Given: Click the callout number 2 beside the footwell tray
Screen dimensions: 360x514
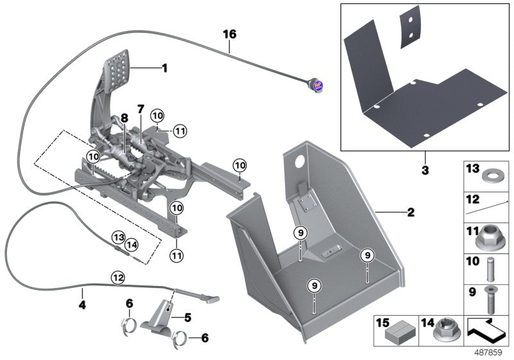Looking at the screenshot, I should (411, 212).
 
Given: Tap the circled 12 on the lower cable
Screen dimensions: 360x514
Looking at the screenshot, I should (116, 278).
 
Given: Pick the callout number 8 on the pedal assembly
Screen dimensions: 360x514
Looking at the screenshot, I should (123, 119).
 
